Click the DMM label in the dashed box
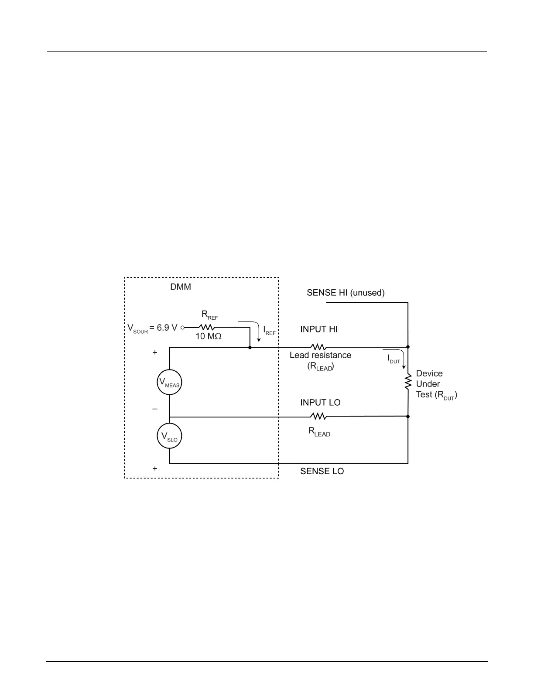pyautogui.click(x=181, y=287)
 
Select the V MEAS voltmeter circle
pyautogui.click(x=169, y=383)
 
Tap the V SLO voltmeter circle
pyautogui.click(x=169, y=436)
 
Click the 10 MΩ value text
pyautogui.click(x=209, y=336)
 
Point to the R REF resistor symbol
pyautogui.click(x=207, y=327)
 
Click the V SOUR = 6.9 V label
pyautogui.click(x=152, y=328)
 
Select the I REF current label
pyautogui.click(x=269, y=331)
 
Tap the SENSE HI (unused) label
pyautogui.click(x=346, y=293)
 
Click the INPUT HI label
pyautogui.click(x=319, y=329)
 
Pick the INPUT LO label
pyautogui.click(x=320, y=403)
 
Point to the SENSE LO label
pyautogui.click(x=322, y=471)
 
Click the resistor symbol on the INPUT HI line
pyautogui.click(x=318, y=347)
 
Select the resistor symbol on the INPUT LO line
pyautogui.click(x=318, y=416)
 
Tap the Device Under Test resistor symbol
pyautogui.click(x=408, y=382)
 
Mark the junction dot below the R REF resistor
pyautogui.click(x=250, y=347)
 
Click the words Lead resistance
pyautogui.click(x=320, y=355)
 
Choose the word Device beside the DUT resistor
pyautogui.click(x=429, y=373)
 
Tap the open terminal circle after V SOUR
pyautogui.click(x=183, y=327)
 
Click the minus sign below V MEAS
pyautogui.click(x=155, y=409)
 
